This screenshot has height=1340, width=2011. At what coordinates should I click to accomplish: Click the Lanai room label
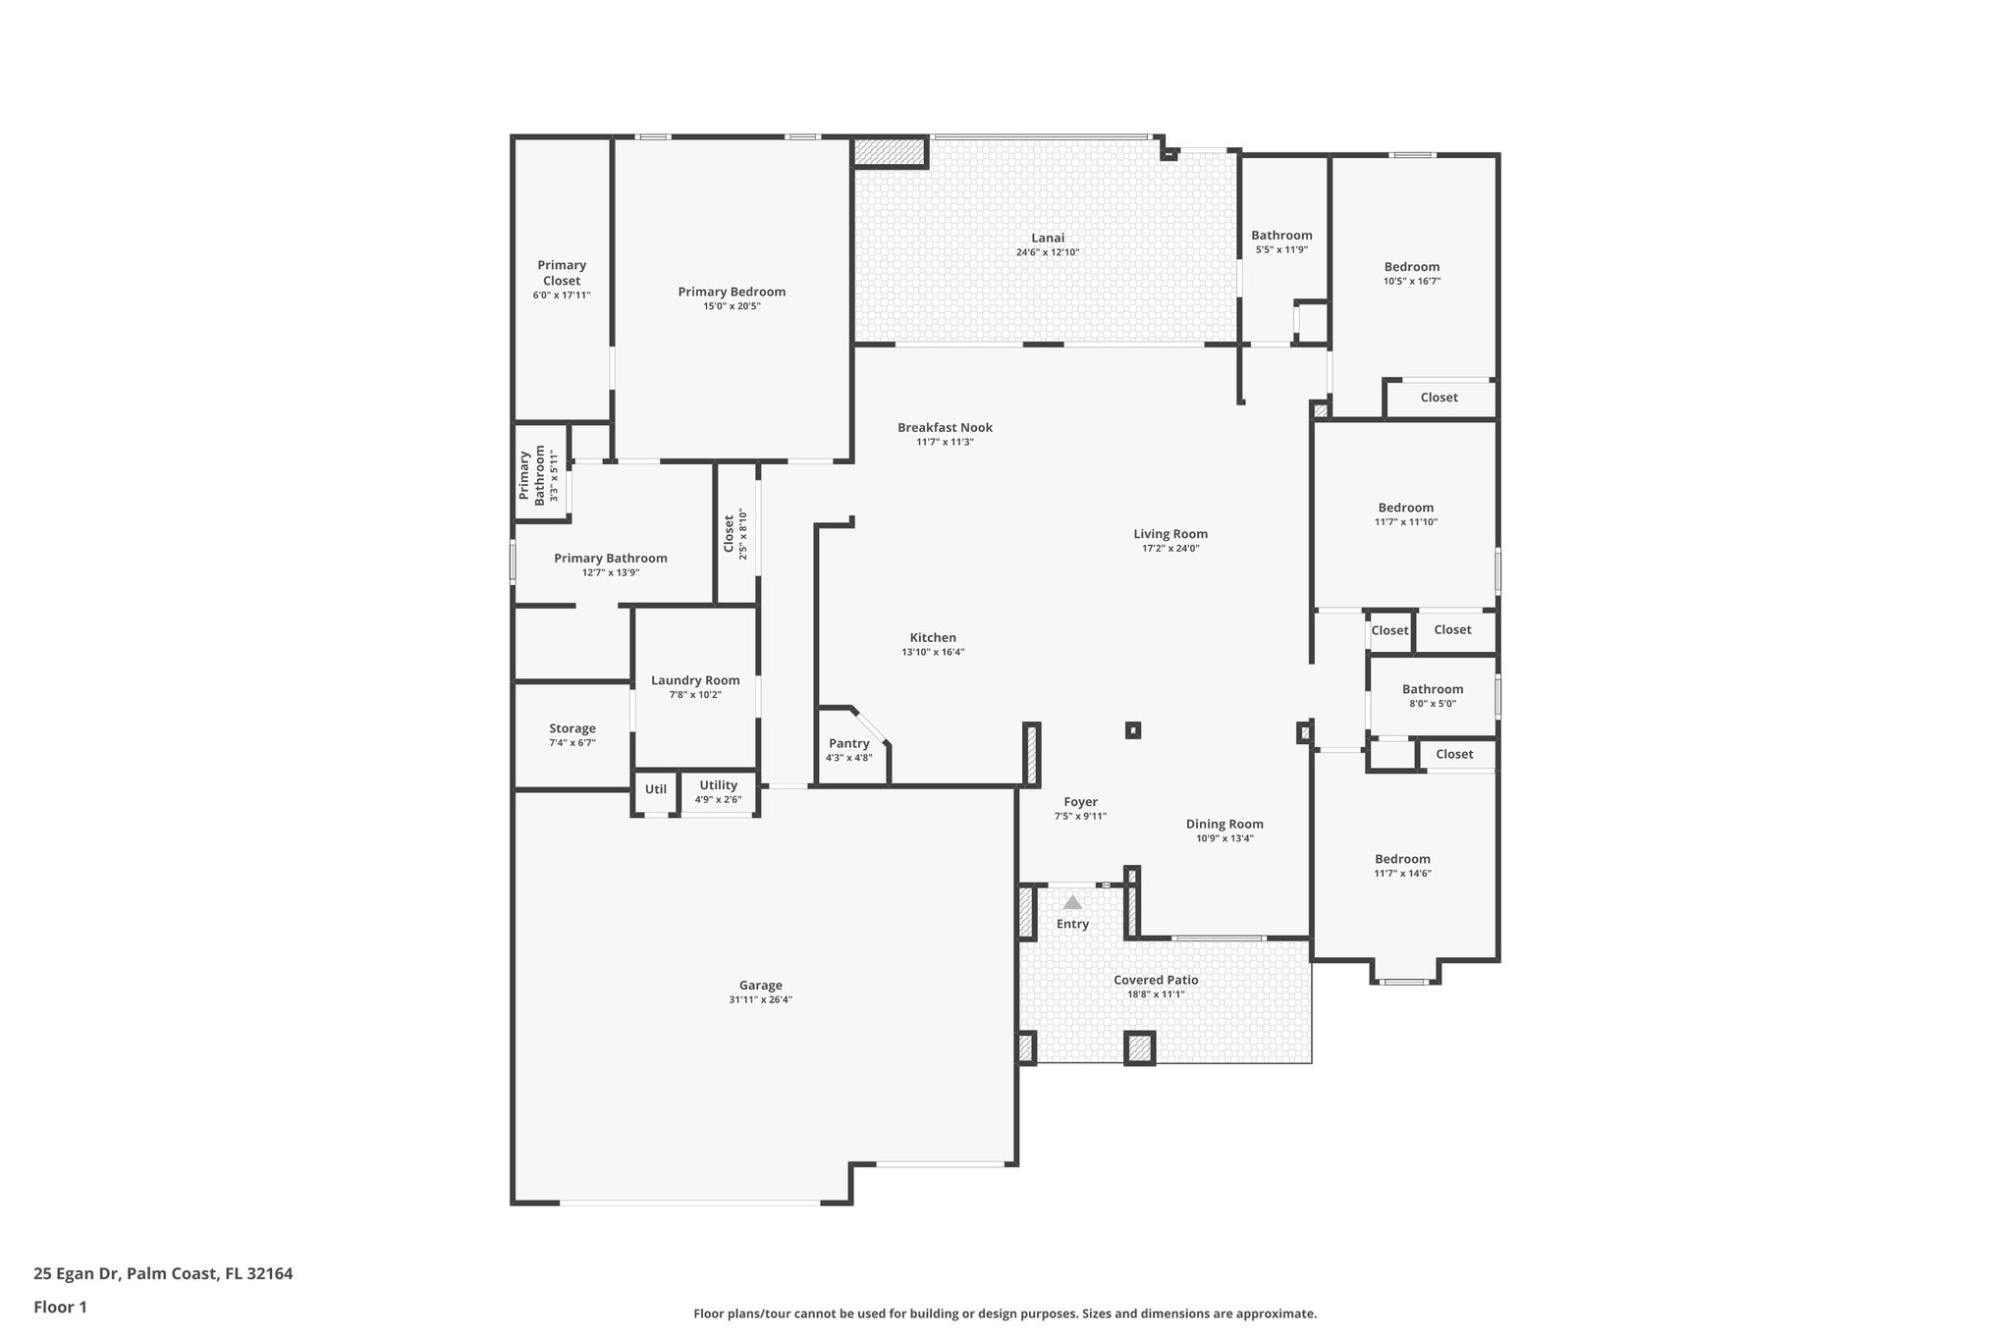click(x=1047, y=238)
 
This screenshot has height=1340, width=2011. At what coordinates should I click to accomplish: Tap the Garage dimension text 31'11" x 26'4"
click(x=760, y=1000)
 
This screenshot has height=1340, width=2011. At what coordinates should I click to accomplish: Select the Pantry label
click(x=848, y=743)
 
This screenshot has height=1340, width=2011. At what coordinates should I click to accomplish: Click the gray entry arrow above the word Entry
click(x=1072, y=902)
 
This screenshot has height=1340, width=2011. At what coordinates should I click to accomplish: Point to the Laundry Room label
click(x=695, y=680)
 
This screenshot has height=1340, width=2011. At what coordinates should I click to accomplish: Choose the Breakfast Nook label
click(x=945, y=427)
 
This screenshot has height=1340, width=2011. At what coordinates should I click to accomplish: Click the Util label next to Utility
click(x=655, y=789)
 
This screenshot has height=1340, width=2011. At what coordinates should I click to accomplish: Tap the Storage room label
click(x=571, y=728)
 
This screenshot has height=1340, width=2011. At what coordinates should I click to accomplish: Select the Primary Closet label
click(x=562, y=273)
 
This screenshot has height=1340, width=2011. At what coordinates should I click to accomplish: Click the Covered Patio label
click(x=1156, y=980)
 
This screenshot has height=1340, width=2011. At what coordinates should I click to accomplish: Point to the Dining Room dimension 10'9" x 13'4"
click(x=1224, y=838)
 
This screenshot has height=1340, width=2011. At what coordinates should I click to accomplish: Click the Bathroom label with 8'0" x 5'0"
click(x=1432, y=689)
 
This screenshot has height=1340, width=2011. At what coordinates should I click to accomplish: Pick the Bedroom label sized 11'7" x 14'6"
click(x=1402, y=859)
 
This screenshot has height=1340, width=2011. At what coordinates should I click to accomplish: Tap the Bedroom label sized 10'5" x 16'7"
click(x=1411, y=267)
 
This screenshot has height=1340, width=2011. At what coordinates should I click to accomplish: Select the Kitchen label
click(x=933, y=637)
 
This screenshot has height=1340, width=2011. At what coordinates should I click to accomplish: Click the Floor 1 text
click(x=60, y=1307)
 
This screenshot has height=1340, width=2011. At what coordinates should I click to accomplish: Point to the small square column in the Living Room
click(x=1133, y=729)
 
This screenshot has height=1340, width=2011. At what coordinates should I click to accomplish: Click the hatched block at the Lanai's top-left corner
click(x=890, y=152)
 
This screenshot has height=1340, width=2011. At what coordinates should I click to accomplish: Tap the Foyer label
click(x=1080, y=802)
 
